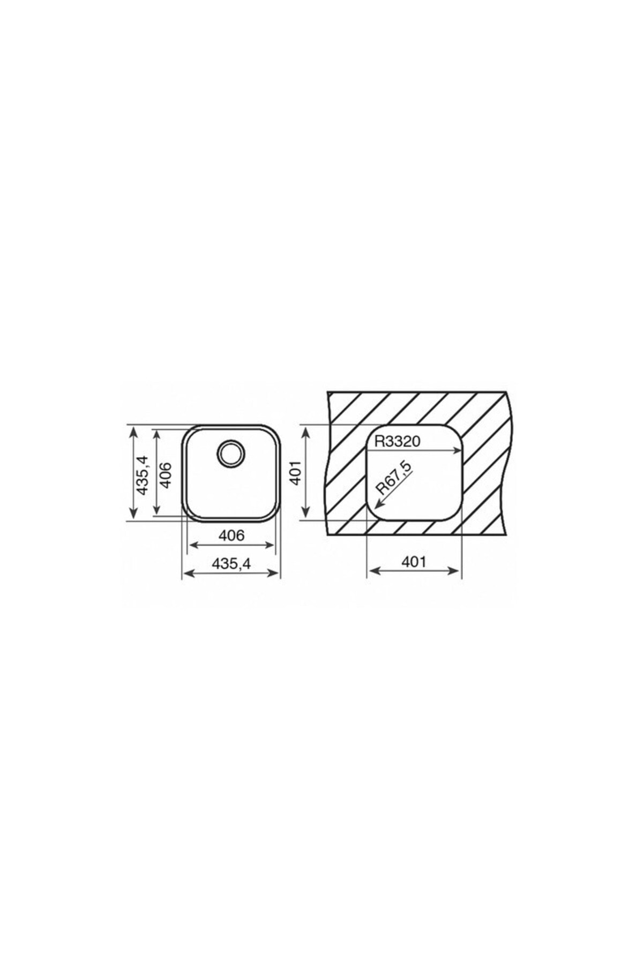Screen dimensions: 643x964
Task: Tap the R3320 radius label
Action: point(397,441)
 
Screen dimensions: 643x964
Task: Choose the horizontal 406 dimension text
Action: point(231,535)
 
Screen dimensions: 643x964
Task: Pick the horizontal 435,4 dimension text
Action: point(231,563)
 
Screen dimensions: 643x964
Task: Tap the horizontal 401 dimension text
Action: point(414,561)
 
